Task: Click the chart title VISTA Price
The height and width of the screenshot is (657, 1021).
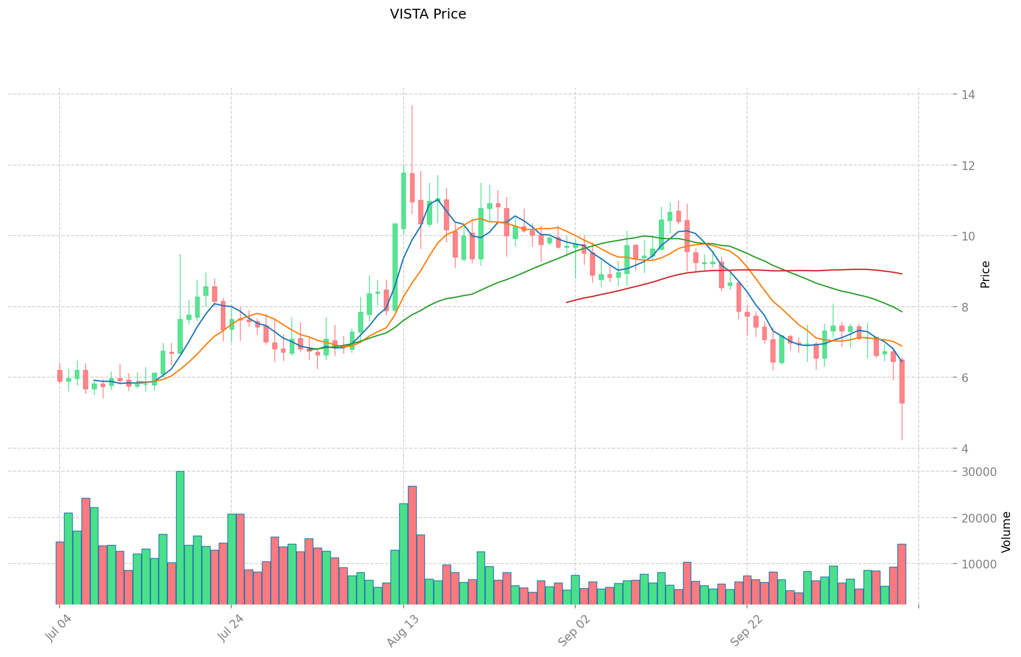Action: tap(428, 14)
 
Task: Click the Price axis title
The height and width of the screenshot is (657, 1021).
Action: tap(985, 274)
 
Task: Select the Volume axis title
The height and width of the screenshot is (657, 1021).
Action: tap(1006, 531)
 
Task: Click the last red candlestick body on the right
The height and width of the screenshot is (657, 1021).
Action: tap(902, 382)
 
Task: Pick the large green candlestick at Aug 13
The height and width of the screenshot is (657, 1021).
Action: tap(404, 201)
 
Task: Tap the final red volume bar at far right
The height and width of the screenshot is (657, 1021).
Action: tap(902, 574)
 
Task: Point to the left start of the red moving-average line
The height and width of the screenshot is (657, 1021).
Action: tap(567, 302)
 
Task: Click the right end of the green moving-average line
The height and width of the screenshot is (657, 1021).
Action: tap(901, 312)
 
